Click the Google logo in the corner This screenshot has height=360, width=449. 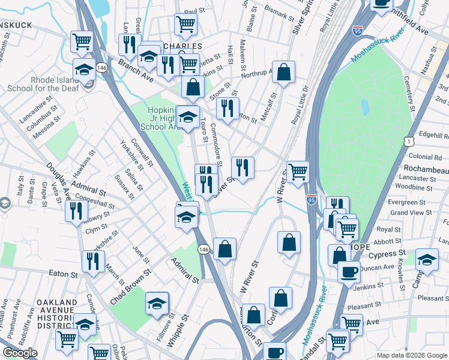click(x=20, y=353)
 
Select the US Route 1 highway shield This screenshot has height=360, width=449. click(x=408, y=140)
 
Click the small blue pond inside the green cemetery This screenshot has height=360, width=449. click(x=365, y=107)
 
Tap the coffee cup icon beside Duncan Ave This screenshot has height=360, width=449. click(x=348, y=271)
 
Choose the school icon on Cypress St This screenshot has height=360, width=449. click(x=427, y=259)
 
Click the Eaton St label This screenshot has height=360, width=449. click(x=60, y=272)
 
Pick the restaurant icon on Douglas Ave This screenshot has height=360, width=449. click(x=76, y=211)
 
